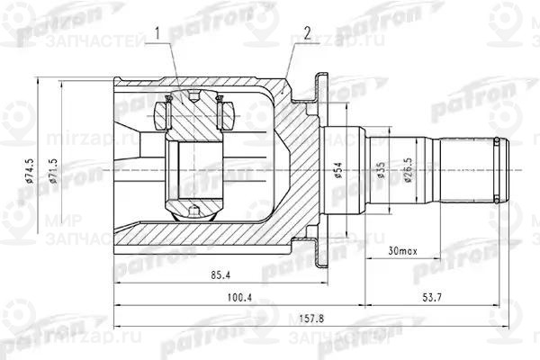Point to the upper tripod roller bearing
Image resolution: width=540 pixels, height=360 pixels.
(193, 115)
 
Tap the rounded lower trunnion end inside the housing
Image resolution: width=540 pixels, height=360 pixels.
(193, 214)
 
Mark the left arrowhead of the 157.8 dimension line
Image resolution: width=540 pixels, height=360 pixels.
(118, 310)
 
